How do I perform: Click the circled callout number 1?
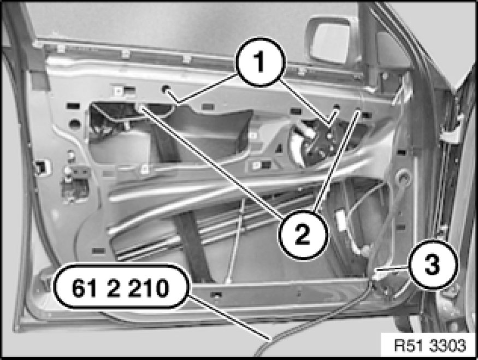pos(260,62)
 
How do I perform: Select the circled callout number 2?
pos(303,234)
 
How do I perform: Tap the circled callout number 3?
pos(433,264)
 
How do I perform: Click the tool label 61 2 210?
pos(121,288)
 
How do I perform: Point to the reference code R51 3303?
pos(430,346)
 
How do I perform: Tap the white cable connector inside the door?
pos(341,219)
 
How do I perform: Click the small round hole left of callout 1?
pos(166,89)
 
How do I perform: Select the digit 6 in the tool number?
pos(78,288)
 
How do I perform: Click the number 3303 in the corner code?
pos(447,346)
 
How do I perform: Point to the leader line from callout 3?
pos(393,268)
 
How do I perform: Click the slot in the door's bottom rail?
pos(217,295)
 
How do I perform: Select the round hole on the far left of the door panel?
pos(74,124)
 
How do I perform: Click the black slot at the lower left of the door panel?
pos(98,251)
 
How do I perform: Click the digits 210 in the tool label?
pos(148,288)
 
